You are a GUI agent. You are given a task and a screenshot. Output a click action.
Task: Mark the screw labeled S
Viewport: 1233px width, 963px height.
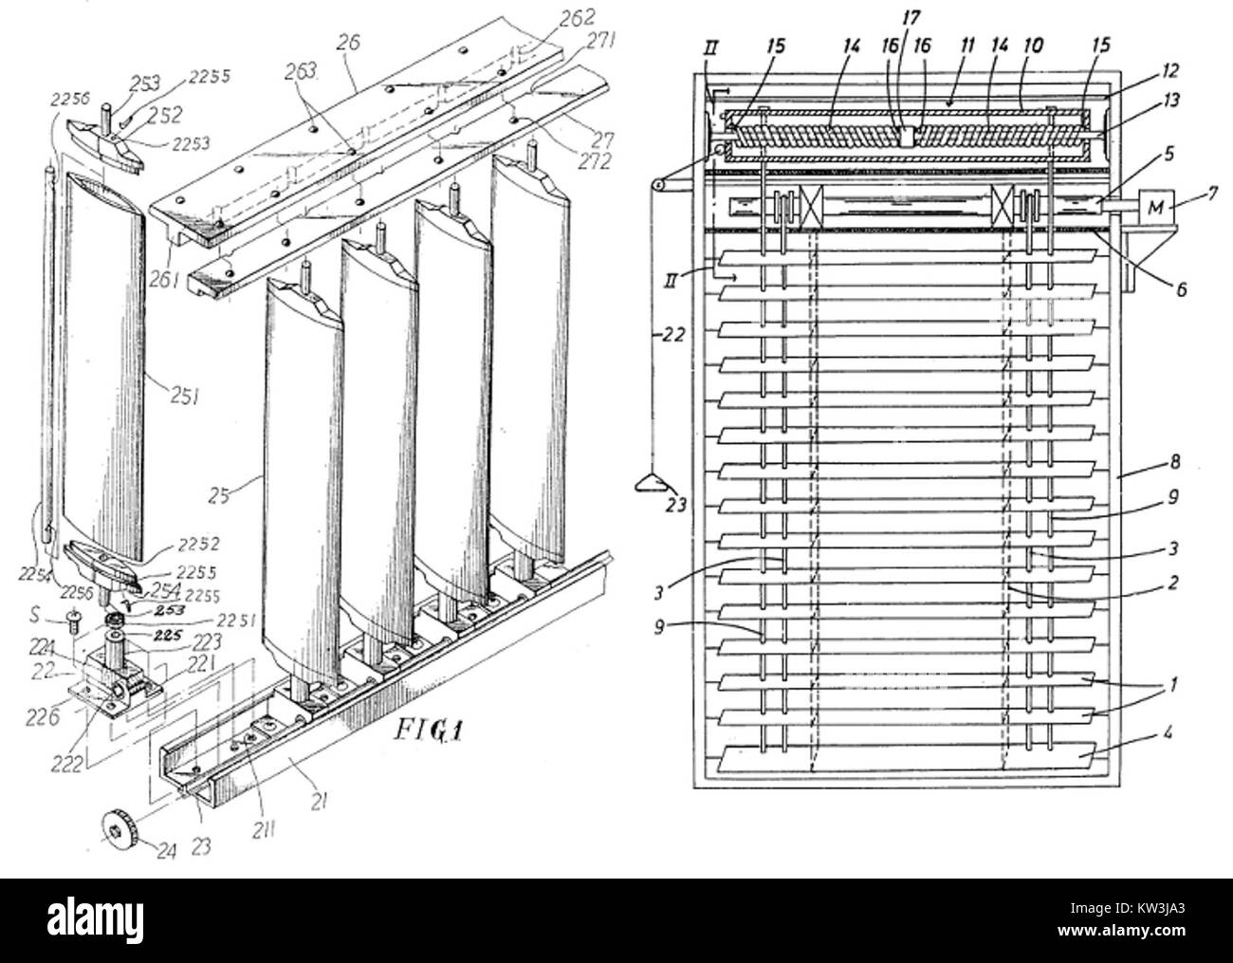[72, 619]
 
